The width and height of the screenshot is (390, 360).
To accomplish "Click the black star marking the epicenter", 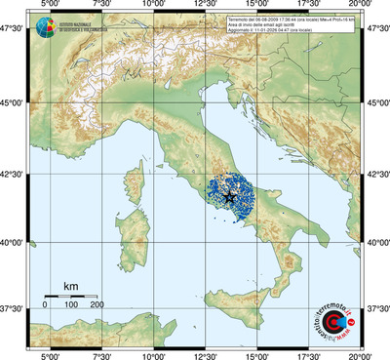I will (229, 197).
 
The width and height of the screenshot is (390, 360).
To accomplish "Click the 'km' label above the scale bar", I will (70, 285).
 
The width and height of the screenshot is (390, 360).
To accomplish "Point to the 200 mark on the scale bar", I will (97, 305).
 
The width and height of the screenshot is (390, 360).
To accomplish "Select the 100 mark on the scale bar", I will (70, 305).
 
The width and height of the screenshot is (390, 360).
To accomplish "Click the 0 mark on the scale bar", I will (45, 305).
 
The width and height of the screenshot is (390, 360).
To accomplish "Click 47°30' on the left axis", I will (13, 31).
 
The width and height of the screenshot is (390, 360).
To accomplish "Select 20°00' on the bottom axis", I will (362, 354).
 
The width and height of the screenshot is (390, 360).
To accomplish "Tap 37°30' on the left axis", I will (13, 308).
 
